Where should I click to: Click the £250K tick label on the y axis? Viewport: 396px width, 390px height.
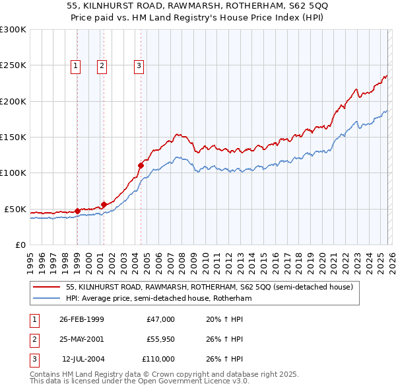(13, 65)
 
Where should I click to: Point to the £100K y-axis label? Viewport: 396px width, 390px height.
(13, 173)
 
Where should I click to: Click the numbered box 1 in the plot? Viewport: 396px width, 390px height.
(76, 65)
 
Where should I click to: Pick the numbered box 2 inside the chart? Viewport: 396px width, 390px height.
(102, 65)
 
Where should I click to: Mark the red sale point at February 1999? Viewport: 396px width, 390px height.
(78, 211)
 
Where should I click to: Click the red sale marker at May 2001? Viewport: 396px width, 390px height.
(104, 204)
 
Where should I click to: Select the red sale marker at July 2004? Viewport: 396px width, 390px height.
(141, 165)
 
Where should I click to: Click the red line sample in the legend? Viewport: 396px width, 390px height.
(47, 288)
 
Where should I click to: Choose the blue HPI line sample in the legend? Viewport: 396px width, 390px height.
(47, 298)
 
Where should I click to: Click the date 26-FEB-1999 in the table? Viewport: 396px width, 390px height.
(81, 319)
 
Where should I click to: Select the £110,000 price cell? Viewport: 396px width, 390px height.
(159, 359)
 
